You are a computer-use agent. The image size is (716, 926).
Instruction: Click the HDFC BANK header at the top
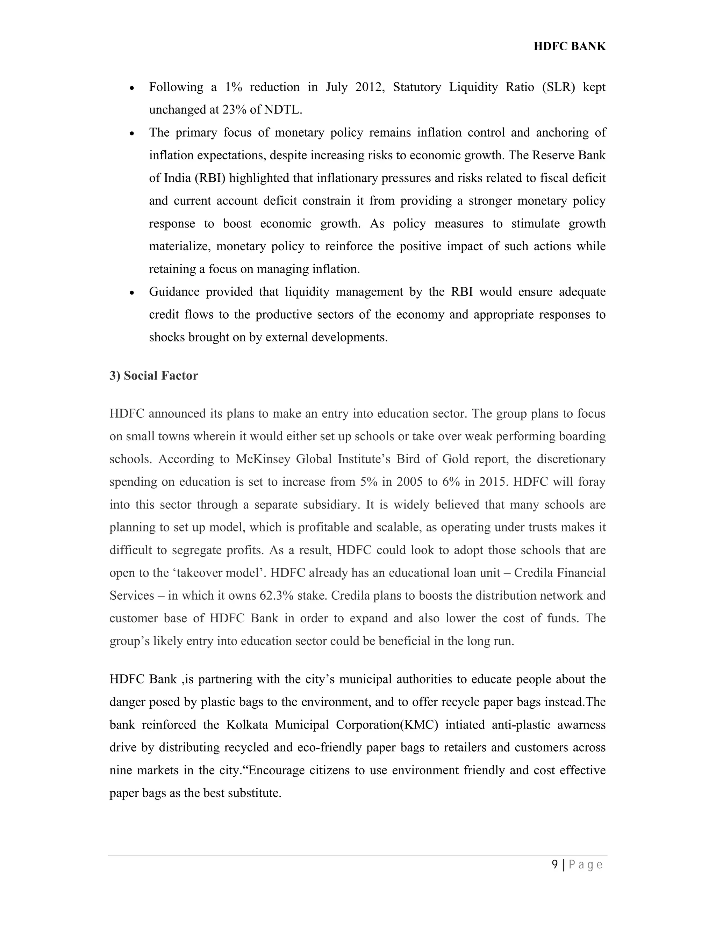pyautogui.click(x=569, y=46)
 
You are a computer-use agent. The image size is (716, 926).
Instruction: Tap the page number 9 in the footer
pyautogui.click(x=555, y=864)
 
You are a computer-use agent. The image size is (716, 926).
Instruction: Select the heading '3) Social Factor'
pyautogui.click(x=153, y=376)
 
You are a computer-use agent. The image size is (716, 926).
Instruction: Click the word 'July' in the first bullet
pyautogui.click(x=336, y=87)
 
